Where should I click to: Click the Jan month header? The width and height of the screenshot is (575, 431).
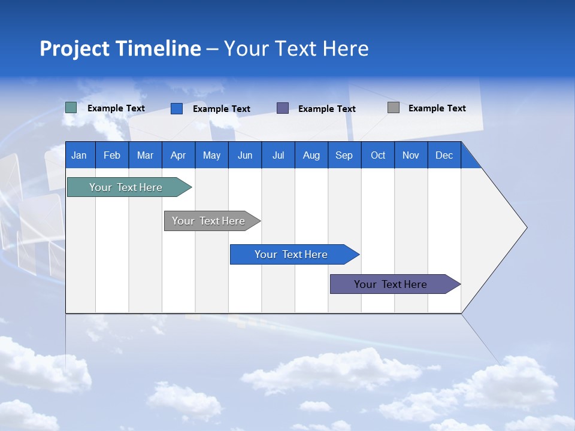[x=80, y=155]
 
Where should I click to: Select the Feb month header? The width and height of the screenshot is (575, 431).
[x=112, y=155]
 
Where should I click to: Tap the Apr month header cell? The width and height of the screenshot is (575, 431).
[x=178, y=155]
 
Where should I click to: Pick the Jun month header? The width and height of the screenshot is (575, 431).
[x=245, y=155]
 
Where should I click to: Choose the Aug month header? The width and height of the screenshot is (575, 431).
[x=311, y=155]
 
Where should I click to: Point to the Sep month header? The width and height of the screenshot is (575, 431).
[x=344, y=155]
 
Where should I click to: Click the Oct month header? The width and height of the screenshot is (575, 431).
[x=378, y=155]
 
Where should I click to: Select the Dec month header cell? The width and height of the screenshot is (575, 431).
[x=444, y=155]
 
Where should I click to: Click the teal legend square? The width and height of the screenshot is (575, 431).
[x=71, y=108]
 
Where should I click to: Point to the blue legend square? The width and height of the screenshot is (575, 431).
[x=177, y=108]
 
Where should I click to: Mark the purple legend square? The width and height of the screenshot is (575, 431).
[x=283, y=108]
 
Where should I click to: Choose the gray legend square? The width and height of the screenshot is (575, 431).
[x=394, y=108]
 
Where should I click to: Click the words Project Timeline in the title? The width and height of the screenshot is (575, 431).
[x=120, y=48]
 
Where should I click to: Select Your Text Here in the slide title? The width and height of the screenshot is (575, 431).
[x=296, y=48]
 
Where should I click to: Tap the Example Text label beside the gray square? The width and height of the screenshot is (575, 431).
[x=437, y=108]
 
